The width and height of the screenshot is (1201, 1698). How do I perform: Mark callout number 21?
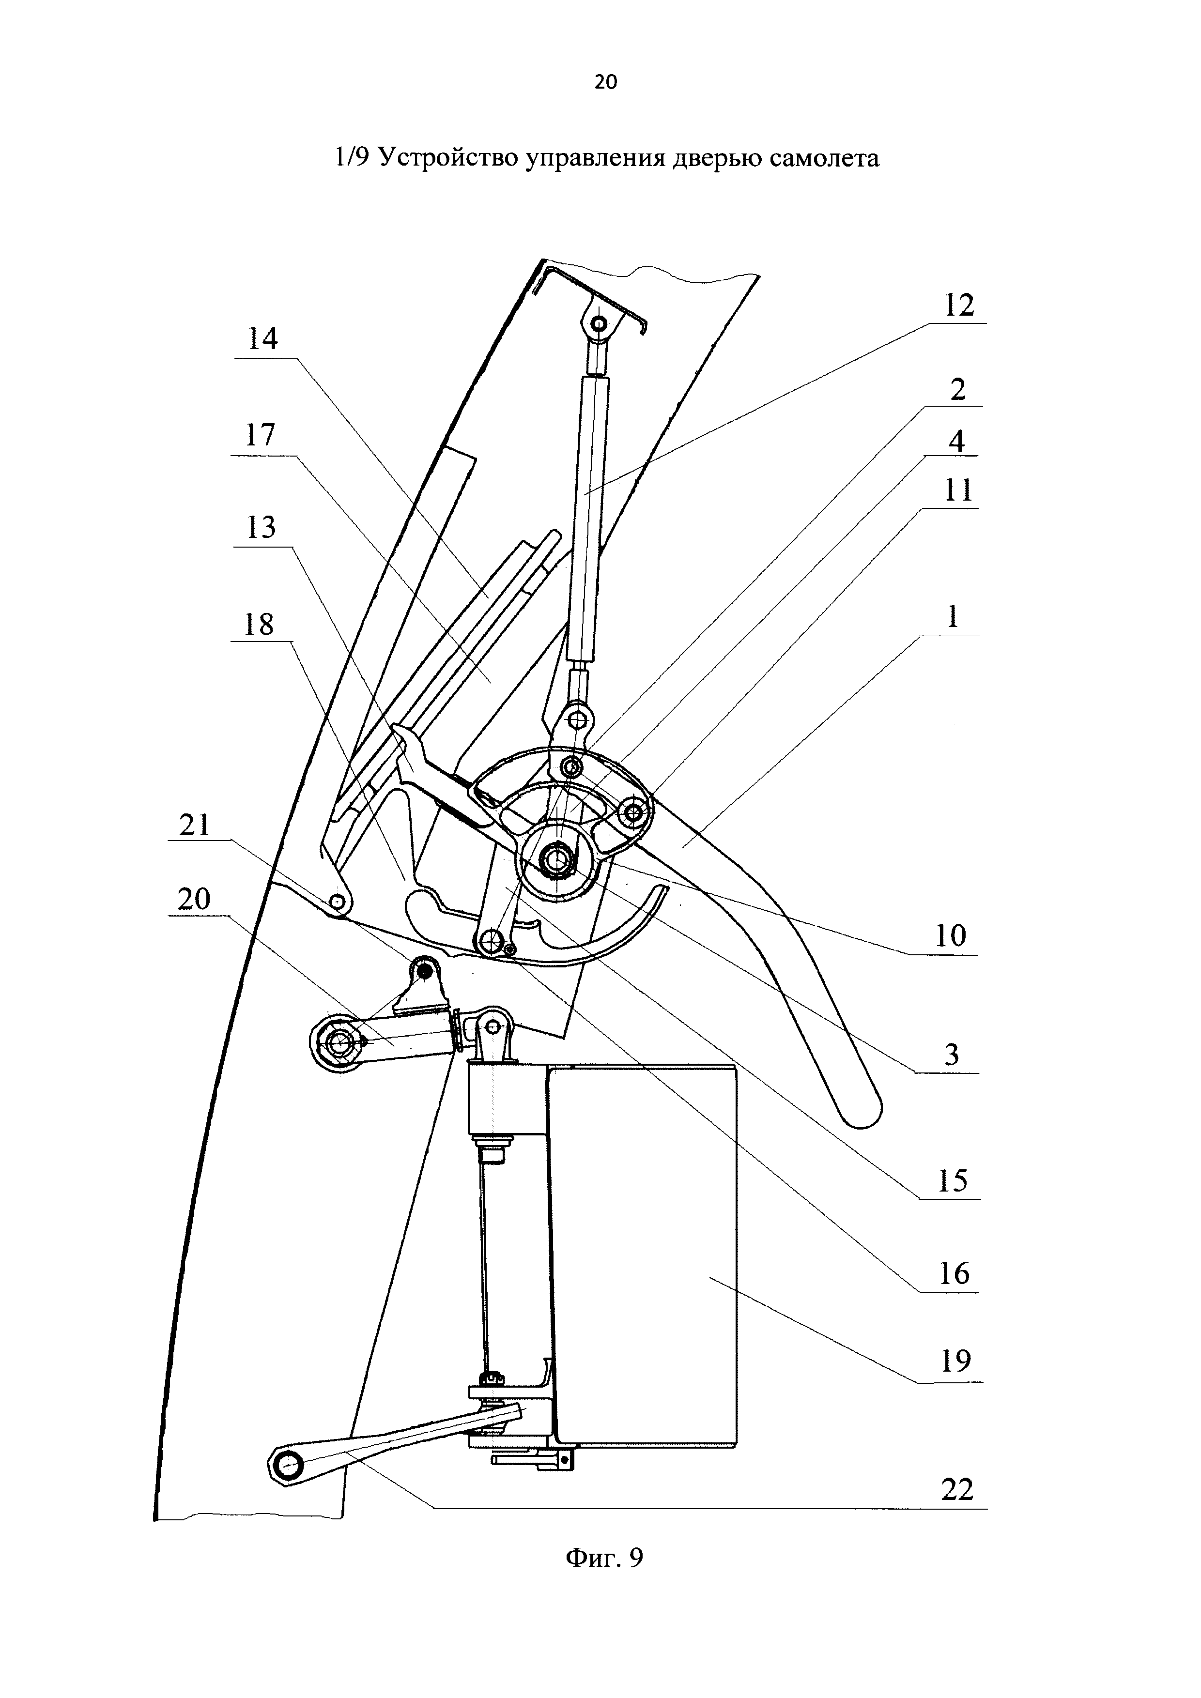pyautogui.click(x=195, y=825)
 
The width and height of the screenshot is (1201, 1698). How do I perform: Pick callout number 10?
pyautogui.click(x=951, y=936)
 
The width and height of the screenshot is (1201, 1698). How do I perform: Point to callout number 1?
pyautogui.click(x=953, y=617)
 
